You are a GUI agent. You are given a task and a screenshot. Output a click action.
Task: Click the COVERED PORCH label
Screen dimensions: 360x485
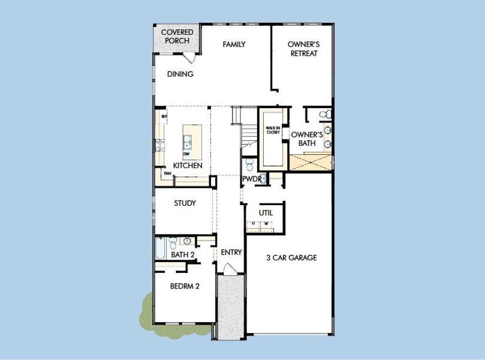point(176,36)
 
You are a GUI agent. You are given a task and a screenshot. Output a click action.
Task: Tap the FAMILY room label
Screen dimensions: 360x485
point(234,44)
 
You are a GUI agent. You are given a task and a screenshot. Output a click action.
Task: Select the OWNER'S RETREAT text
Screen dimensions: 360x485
point(302,49)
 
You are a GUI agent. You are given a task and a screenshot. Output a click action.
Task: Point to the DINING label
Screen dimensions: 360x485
point(180,74)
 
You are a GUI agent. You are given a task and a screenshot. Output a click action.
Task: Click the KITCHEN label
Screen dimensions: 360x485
point(188,166)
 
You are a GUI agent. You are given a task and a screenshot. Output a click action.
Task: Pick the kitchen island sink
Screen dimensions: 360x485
point(187,142)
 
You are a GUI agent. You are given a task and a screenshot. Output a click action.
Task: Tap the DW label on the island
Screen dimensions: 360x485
point(186,154)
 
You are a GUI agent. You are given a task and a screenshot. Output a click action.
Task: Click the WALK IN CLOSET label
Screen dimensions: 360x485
point(273,130)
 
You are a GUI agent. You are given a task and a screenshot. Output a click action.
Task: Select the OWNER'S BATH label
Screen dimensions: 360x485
point(307,139)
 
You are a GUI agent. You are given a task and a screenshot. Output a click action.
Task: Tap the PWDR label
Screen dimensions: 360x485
point(250,179)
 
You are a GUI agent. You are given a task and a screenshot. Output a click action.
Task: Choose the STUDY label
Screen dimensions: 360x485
point(185,203)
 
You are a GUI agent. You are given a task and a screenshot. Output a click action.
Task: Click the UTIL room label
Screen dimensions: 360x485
point(266,213)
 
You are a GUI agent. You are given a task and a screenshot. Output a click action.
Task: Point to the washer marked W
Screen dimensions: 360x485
point(267,224)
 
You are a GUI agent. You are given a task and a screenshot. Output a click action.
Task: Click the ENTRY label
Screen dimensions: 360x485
point(231,253)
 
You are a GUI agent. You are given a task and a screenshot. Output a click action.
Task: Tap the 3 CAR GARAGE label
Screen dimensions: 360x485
point(291,258)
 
